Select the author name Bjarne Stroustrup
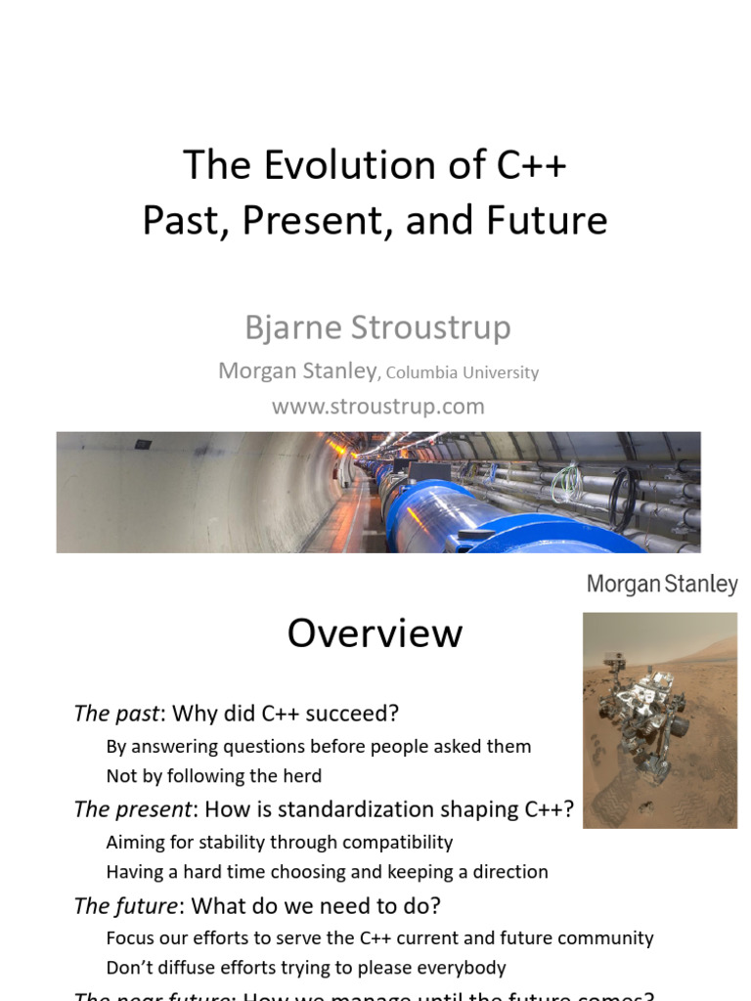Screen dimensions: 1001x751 [x=377, y=327]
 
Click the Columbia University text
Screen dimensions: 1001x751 [x=463, y=372]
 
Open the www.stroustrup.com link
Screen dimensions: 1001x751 [x=377, y=406]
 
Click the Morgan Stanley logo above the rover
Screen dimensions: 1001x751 [x=662, y=585]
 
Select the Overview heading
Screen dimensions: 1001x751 [x=375, y=633]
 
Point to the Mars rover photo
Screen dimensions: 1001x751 [x=659, y=720]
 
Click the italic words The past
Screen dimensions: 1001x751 [x=115, y=714]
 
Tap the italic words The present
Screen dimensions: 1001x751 [x=132, y=809]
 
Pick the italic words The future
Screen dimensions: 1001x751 [x=125, y=905]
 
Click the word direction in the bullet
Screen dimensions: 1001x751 [x=508, y=872]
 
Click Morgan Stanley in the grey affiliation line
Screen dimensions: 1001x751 [x=297, y=370]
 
